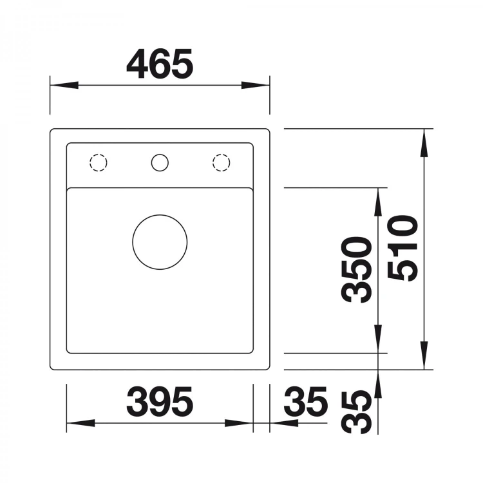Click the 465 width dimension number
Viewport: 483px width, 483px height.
(x=160, y=64)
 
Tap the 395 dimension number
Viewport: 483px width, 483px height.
(x=160, y=401)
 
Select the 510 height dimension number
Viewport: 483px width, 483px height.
(x=402, y=249)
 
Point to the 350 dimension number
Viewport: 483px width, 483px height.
(x=356, y=270)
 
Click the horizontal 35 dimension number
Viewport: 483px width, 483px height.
(x=305, y=401)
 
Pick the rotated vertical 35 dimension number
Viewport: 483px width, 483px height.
(x=356, y=412)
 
